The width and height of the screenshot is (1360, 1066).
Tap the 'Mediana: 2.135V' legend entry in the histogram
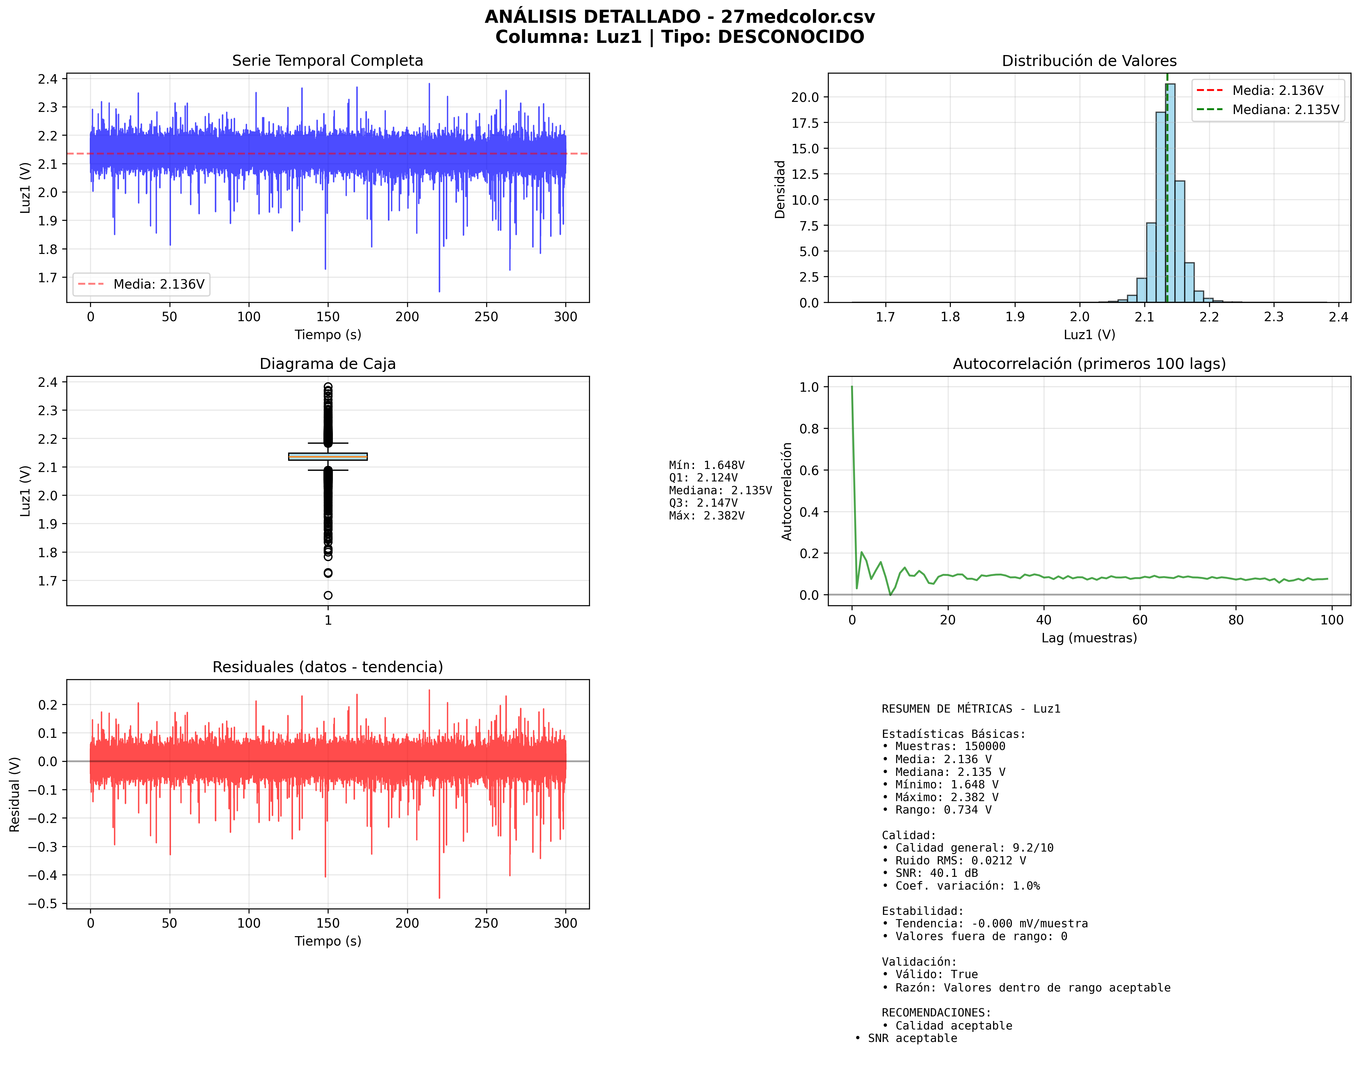click(x=1285, y=110)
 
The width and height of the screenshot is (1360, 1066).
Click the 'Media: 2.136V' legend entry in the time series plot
click(x=159, y=285)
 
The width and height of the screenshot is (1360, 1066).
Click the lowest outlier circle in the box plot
click(x=328, y=596)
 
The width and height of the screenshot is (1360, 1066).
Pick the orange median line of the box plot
click(x=328, y=457)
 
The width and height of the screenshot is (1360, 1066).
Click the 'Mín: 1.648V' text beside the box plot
click(x=706, y=465)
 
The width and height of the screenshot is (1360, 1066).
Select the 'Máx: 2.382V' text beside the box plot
click(x=706, y=516)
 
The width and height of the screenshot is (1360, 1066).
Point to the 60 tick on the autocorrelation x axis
click(x=1140, y=620)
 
